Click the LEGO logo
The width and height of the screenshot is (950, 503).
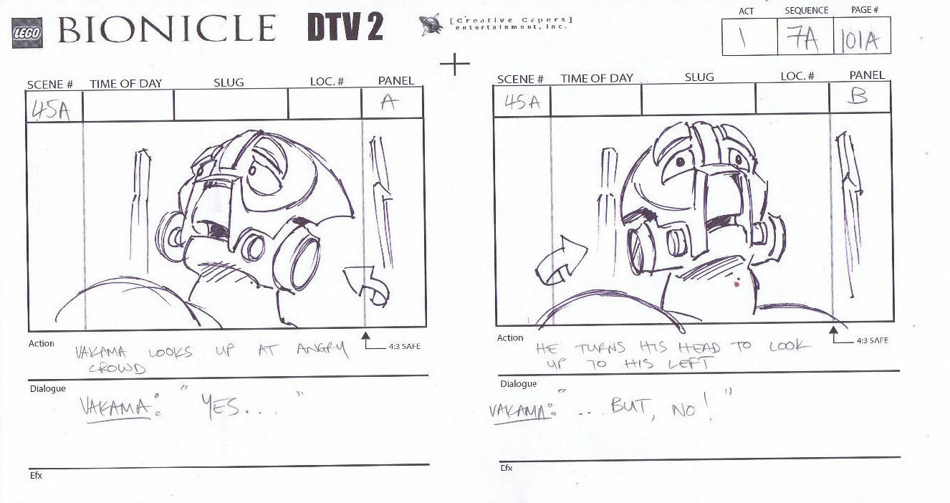coord(27,33)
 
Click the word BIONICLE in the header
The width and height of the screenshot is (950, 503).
coord(167,29)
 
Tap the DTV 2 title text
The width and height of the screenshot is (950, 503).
coord(345,27)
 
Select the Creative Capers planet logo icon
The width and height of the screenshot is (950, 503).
coord(431,24)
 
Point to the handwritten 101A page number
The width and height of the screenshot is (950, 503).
coord(860,42)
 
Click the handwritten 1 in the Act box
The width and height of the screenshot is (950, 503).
coord(742,38)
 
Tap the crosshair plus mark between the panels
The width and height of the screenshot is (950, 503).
coord(455,64)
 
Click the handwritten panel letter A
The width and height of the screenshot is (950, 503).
coord(389,102)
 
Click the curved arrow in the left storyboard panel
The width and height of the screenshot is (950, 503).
coord(368,285)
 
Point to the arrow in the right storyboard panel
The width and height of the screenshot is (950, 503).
coord(561,262)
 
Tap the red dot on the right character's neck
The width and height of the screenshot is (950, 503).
coord(737,283)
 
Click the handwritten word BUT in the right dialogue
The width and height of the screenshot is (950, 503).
coord(630,406)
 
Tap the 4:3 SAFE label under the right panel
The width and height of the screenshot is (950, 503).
coord(872,340)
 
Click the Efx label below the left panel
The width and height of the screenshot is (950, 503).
coord(36,476)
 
